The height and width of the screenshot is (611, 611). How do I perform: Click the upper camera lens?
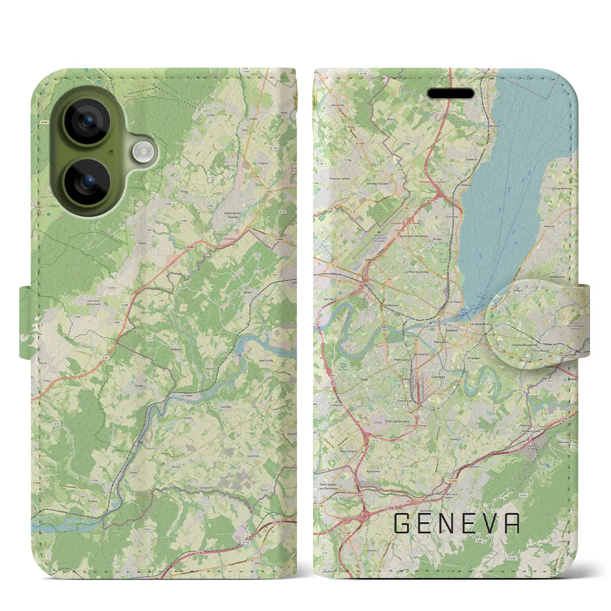point(87,121)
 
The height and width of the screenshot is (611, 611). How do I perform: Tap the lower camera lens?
point(87,182)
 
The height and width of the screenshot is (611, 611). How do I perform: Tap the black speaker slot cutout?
point(451,94)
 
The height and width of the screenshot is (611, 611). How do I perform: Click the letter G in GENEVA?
point(402,524)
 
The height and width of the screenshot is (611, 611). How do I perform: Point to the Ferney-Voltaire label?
point(378,183)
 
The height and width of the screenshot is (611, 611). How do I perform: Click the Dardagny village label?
point(176,349)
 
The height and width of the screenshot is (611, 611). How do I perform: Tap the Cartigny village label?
point(226,407)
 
